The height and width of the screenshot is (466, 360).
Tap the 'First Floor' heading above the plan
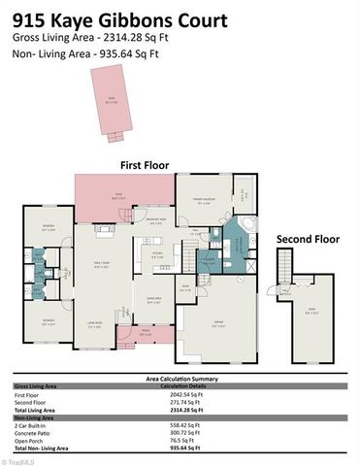coord(146,166)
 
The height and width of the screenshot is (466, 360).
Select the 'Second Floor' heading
coord(308,238)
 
